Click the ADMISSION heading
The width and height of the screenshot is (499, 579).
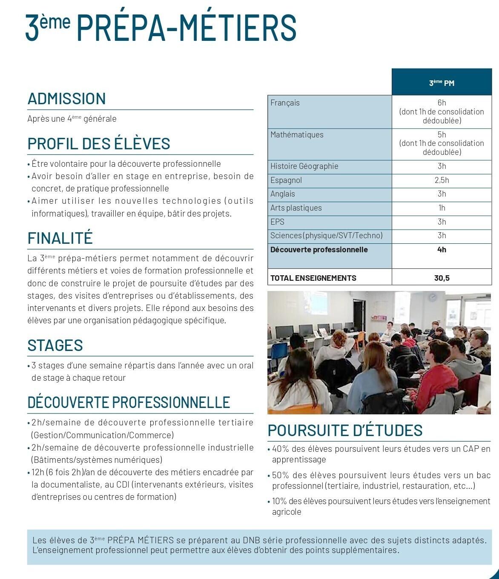click(66, 99)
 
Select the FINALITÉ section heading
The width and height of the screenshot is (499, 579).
click(60, 238)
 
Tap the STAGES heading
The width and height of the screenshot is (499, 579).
click(55, 345)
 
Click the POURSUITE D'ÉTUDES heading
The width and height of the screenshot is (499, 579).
click(345, 431)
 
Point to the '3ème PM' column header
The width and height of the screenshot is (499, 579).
click(442, 83)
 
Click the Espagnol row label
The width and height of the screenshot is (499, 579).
click(286, 180)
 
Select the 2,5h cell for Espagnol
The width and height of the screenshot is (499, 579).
click(442, 180)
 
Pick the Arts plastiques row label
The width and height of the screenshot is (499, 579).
click(296, 208)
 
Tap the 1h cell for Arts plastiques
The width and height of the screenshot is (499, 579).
click(442, 208)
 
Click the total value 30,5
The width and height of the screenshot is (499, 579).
click(442, 278)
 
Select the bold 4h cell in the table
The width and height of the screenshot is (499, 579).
click(442, 250)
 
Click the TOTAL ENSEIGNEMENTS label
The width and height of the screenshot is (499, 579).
click(313, 278)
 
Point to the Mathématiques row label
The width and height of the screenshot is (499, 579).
click(297, 135)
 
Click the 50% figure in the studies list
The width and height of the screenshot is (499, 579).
click(280, 475)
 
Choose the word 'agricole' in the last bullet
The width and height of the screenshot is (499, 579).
click(287, 512)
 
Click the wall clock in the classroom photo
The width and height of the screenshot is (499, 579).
click(432, 297)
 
